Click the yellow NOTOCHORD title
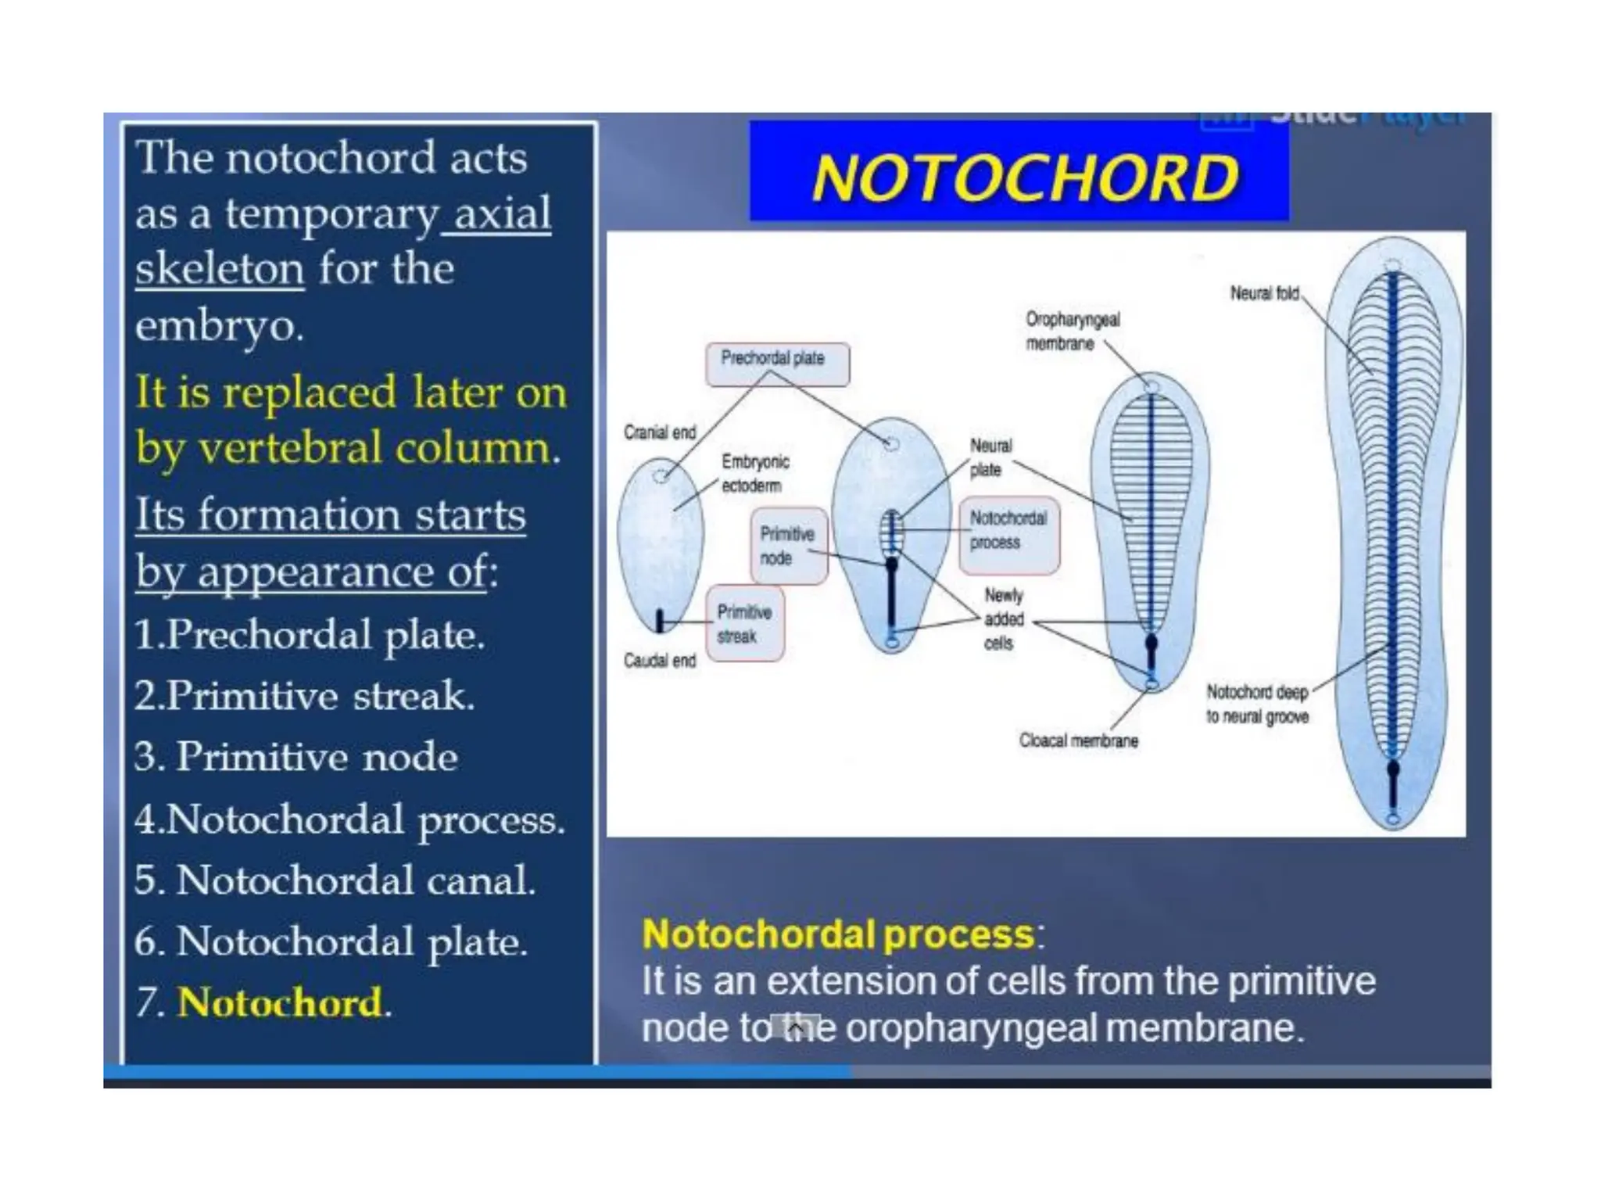tap(1025, 177)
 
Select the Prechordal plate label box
tap(776, 363)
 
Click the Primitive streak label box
tap(745, 624)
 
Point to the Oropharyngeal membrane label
tap(1072, 332)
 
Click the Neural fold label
tap(1264, 293)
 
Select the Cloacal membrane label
tap(1078, 740)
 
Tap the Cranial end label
tap(659, 432)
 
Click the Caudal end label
tap(659, 661)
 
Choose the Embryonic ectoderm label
tap(754, 473)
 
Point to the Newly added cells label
tap(1003, 619)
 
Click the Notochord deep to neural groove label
tap(1256, 704)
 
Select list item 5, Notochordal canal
tap(335, 880)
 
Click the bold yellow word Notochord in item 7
tap(280, 1002)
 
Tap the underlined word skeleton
tap(219, 269)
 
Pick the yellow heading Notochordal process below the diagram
tap(838, 934)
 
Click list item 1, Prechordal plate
tap(310, 634)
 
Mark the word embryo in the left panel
tap(218, 325)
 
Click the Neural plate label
tap(990, 457)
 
